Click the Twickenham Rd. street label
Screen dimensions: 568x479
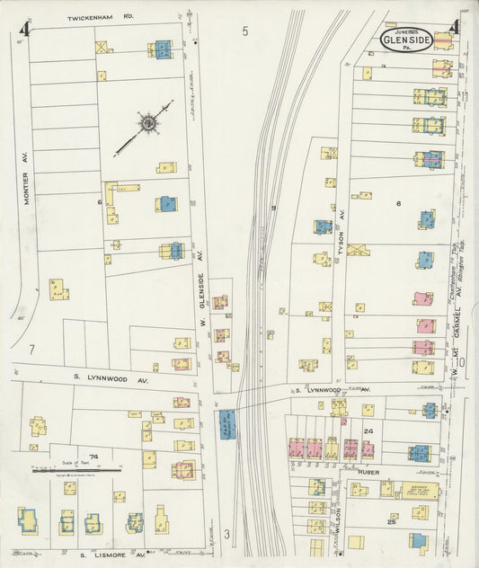tap(101, 17)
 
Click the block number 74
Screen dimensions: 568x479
tap(93, 457)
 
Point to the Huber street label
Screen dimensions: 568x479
tap(368, 472)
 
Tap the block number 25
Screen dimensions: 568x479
tap(391, 521)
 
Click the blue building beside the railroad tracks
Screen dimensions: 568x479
tap(226, 423)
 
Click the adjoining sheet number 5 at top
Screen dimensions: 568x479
tap(244, 31)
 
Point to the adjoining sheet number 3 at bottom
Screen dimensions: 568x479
tap(226, 534)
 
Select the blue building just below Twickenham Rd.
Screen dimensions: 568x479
tap(164, 49)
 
